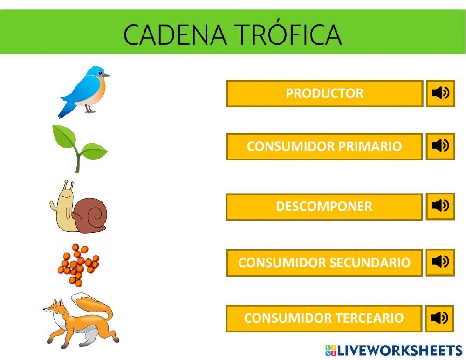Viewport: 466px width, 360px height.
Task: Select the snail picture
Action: point(78,208)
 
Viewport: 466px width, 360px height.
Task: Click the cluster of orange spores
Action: point(78,264)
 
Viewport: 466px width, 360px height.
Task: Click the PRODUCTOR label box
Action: point(324,94)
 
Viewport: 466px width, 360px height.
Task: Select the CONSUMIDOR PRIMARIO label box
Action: point(324,147)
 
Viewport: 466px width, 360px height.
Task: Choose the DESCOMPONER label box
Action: point(324,207)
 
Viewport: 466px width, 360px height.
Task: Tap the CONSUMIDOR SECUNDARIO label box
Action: point(324,263)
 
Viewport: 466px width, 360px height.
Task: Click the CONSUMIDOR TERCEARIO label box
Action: point(324,318)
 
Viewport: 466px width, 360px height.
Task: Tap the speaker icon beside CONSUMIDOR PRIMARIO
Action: point(440,146)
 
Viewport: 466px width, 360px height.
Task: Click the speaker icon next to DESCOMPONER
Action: point(440,206)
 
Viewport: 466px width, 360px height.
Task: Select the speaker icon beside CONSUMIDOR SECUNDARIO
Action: point(440,262)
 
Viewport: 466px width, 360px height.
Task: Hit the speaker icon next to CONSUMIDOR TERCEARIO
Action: point(440,318)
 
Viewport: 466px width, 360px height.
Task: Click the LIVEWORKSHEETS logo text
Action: point(399,351)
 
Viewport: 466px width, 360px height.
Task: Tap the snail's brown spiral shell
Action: point(90,215)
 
